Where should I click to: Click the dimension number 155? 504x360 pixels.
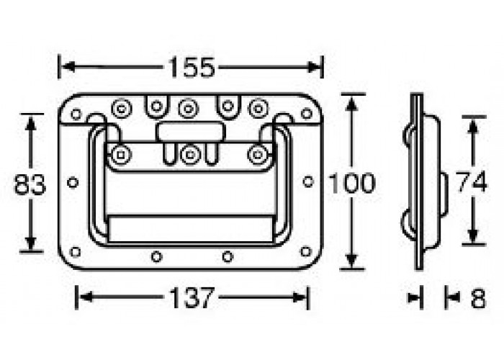click(x=192, y=67)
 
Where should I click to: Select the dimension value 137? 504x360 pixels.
click(x=192, y=297)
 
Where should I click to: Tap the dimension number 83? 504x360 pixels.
click(x=30, y=185)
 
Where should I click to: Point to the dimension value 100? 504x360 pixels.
click(x=351, y=184)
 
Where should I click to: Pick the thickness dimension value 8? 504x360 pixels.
click(x=477, y=297)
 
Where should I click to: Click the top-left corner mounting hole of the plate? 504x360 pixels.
click(x=76, y=114)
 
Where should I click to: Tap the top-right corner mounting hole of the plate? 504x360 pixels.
click(x=307, y=113)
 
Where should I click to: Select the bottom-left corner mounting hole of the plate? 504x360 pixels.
click(x=76, y=251)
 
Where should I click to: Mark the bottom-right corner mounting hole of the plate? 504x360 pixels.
click(x=306, y=251)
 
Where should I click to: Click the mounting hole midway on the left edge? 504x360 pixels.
click(x=73, y=182)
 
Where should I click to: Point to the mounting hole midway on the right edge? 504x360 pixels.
click(x=308, y=182)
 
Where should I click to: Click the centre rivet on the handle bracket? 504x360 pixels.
click(x=189, y=153)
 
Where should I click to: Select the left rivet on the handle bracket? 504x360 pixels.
click(x=120, y=153)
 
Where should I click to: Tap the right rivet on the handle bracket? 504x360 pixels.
click(x=258, y=153)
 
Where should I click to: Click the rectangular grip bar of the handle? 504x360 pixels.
click(x=191, y=228)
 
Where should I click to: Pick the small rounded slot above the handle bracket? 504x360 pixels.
click(x=189, y=132)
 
